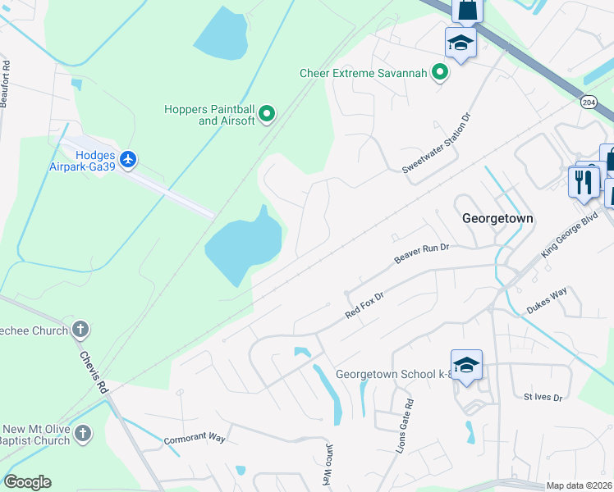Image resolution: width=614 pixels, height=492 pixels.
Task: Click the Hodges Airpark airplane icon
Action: pos(128,159)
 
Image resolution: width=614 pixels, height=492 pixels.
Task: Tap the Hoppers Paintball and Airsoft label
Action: pos(209,115)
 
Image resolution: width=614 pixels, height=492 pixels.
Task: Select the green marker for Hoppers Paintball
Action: pos(267,114)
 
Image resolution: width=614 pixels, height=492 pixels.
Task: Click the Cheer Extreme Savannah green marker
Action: pos(440,73)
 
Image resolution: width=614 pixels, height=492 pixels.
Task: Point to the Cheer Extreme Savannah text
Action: pos(363,73)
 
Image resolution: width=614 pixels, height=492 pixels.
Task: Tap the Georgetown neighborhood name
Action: pos(497,218)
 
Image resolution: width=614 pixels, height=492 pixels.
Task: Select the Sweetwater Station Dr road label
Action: pos(438,142)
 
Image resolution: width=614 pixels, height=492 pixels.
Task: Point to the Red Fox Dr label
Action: pos(365,305)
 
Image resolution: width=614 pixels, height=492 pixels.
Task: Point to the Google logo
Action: pos(27,482)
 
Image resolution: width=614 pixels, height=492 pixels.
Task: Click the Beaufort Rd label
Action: pos(7,80)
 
